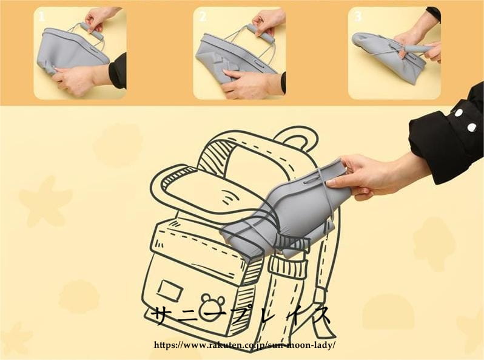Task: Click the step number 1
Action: coord(42,16)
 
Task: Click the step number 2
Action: coord(203,16)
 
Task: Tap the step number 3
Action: coord(358,16)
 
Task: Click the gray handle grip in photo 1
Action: coord(92,30)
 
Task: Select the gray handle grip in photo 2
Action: coord(260,33)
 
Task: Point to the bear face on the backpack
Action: coord(212,304)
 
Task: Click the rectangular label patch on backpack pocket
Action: coord(170,291)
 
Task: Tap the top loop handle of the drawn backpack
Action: coord(297,138)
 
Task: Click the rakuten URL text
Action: coord(244,345)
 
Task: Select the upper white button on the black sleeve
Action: coord(459,112)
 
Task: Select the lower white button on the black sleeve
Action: coord(472,127)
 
